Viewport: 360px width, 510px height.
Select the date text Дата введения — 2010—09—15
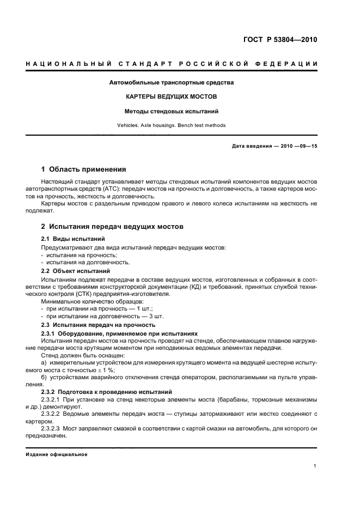(274, 147)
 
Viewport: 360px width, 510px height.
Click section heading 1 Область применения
(84, 169)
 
